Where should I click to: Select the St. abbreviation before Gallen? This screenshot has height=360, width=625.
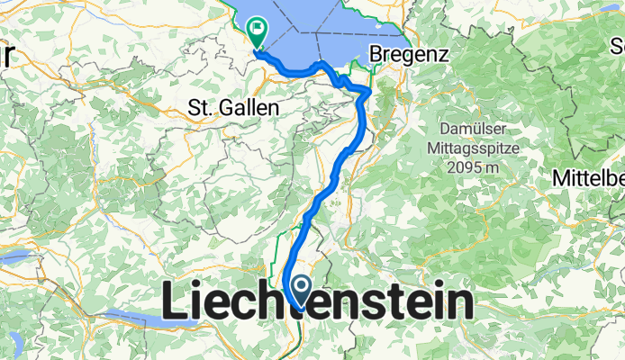click(x=200, y=108)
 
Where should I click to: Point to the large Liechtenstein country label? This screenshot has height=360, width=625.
click(x=318, y=303)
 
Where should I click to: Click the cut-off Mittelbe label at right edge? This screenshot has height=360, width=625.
click(x=590, y=175)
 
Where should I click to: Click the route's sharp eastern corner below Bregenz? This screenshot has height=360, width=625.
click(x=369, y=90)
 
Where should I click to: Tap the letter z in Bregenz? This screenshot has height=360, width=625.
click(x=441, y=55)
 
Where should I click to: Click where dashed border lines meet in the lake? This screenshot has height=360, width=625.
click(x=318, y=34)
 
